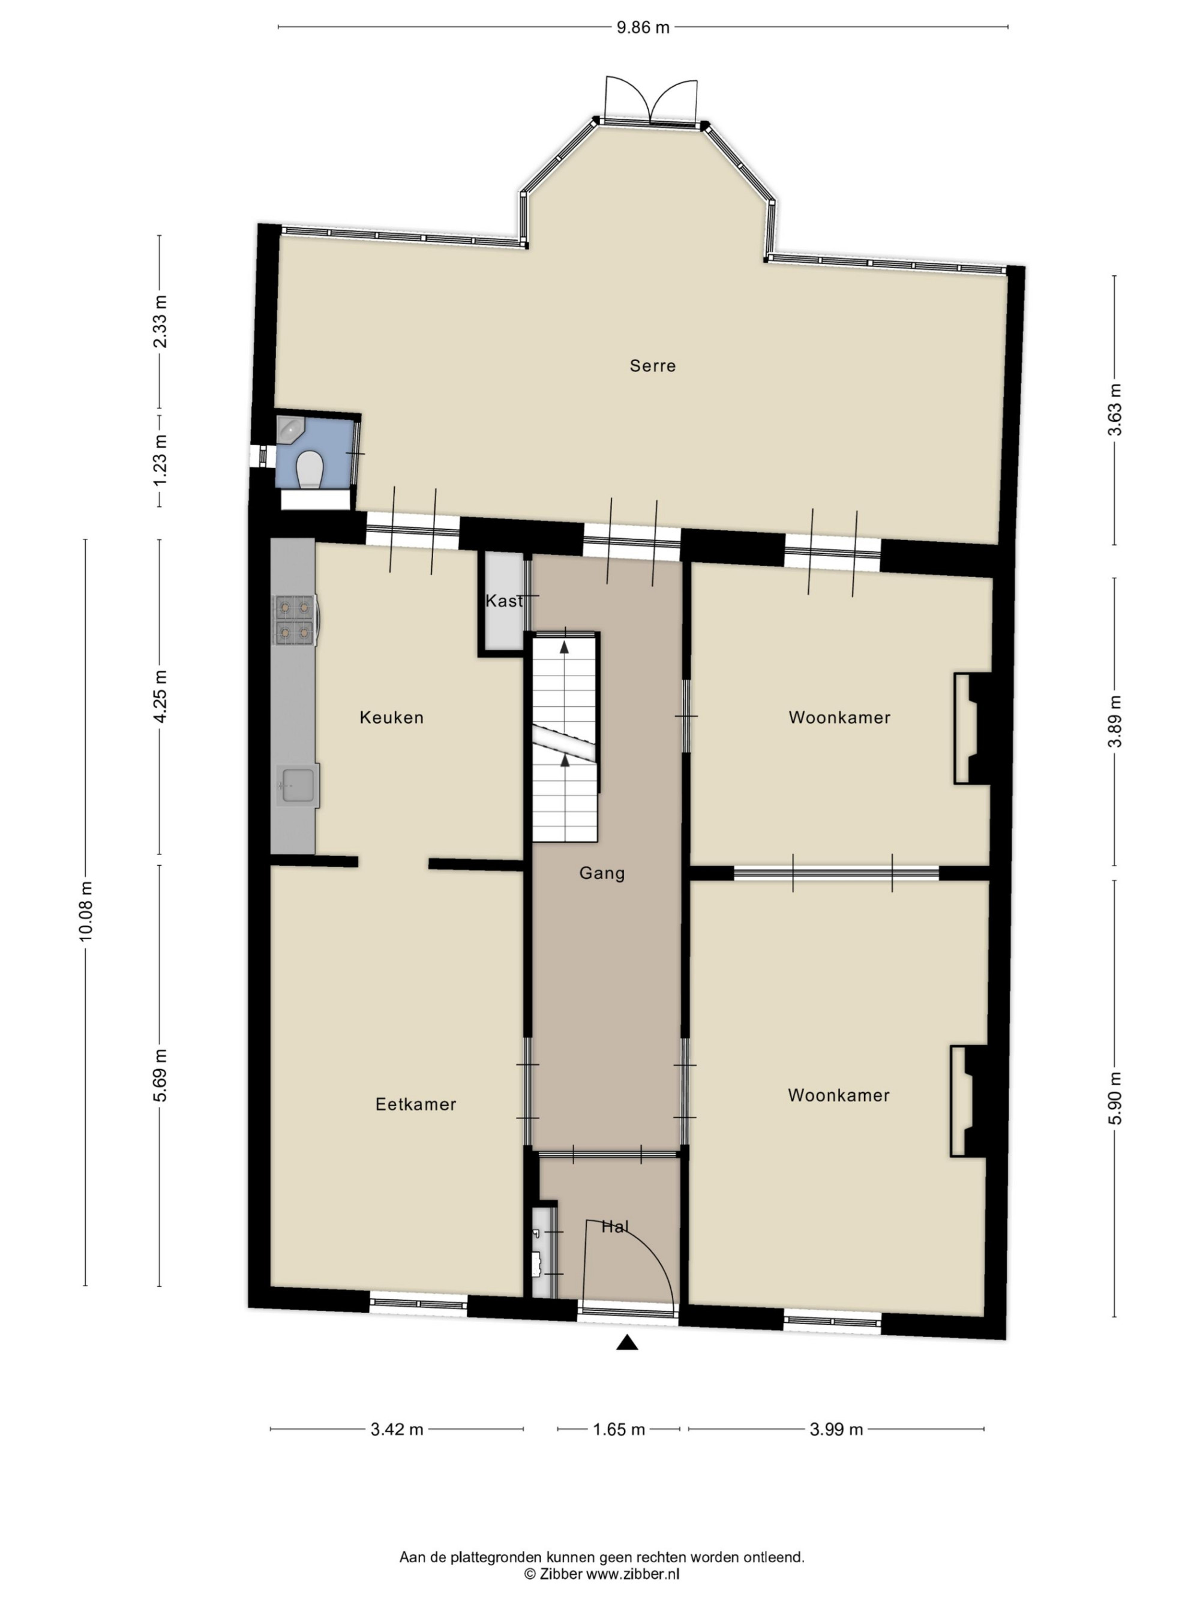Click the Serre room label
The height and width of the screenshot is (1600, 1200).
[652, 366]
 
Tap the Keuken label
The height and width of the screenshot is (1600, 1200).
[391, 718]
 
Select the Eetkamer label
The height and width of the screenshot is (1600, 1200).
[416, 1104]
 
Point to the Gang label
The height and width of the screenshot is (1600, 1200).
[602, 873]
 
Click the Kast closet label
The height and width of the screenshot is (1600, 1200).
[504, 601]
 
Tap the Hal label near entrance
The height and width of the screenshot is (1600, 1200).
[616, 1226]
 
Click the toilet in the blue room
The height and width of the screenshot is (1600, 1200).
[310, 469]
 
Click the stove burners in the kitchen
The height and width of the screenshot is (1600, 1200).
[295, 620]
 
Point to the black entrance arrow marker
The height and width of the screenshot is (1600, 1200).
[627, 1343]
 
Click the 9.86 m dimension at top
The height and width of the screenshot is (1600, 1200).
[643, 28]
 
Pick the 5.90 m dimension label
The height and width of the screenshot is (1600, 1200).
[1116, 1098]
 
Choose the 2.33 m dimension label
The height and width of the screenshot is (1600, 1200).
[160, 322]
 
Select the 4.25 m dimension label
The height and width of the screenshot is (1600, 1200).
[160, 696]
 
